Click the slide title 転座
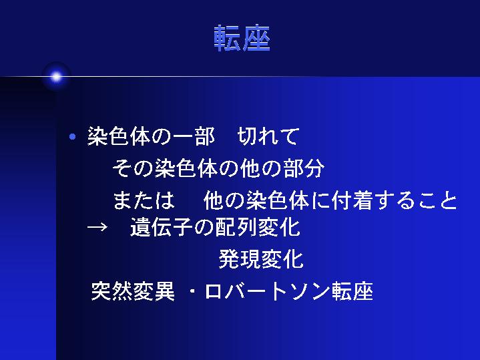pos(242,39)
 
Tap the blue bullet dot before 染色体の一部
pos(73,137)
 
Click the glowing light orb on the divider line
pos(56,77)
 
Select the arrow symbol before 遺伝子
pos(97,227)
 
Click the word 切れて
pos(268,136)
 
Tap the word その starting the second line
pos(133,168)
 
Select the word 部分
pos(304,168)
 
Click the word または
pos(144,200)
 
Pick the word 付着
pos(352,200)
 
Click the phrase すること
pos(415,200)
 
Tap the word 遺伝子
pos(162,227)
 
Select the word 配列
pos(236,227)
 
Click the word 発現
pos(240,259)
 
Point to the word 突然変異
pos(133,291)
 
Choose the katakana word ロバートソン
pos(268,291)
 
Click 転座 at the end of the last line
pos(352,291)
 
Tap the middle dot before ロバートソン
pos(192,291)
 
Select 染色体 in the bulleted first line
pos(119,136)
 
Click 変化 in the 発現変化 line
pos(282,259)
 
